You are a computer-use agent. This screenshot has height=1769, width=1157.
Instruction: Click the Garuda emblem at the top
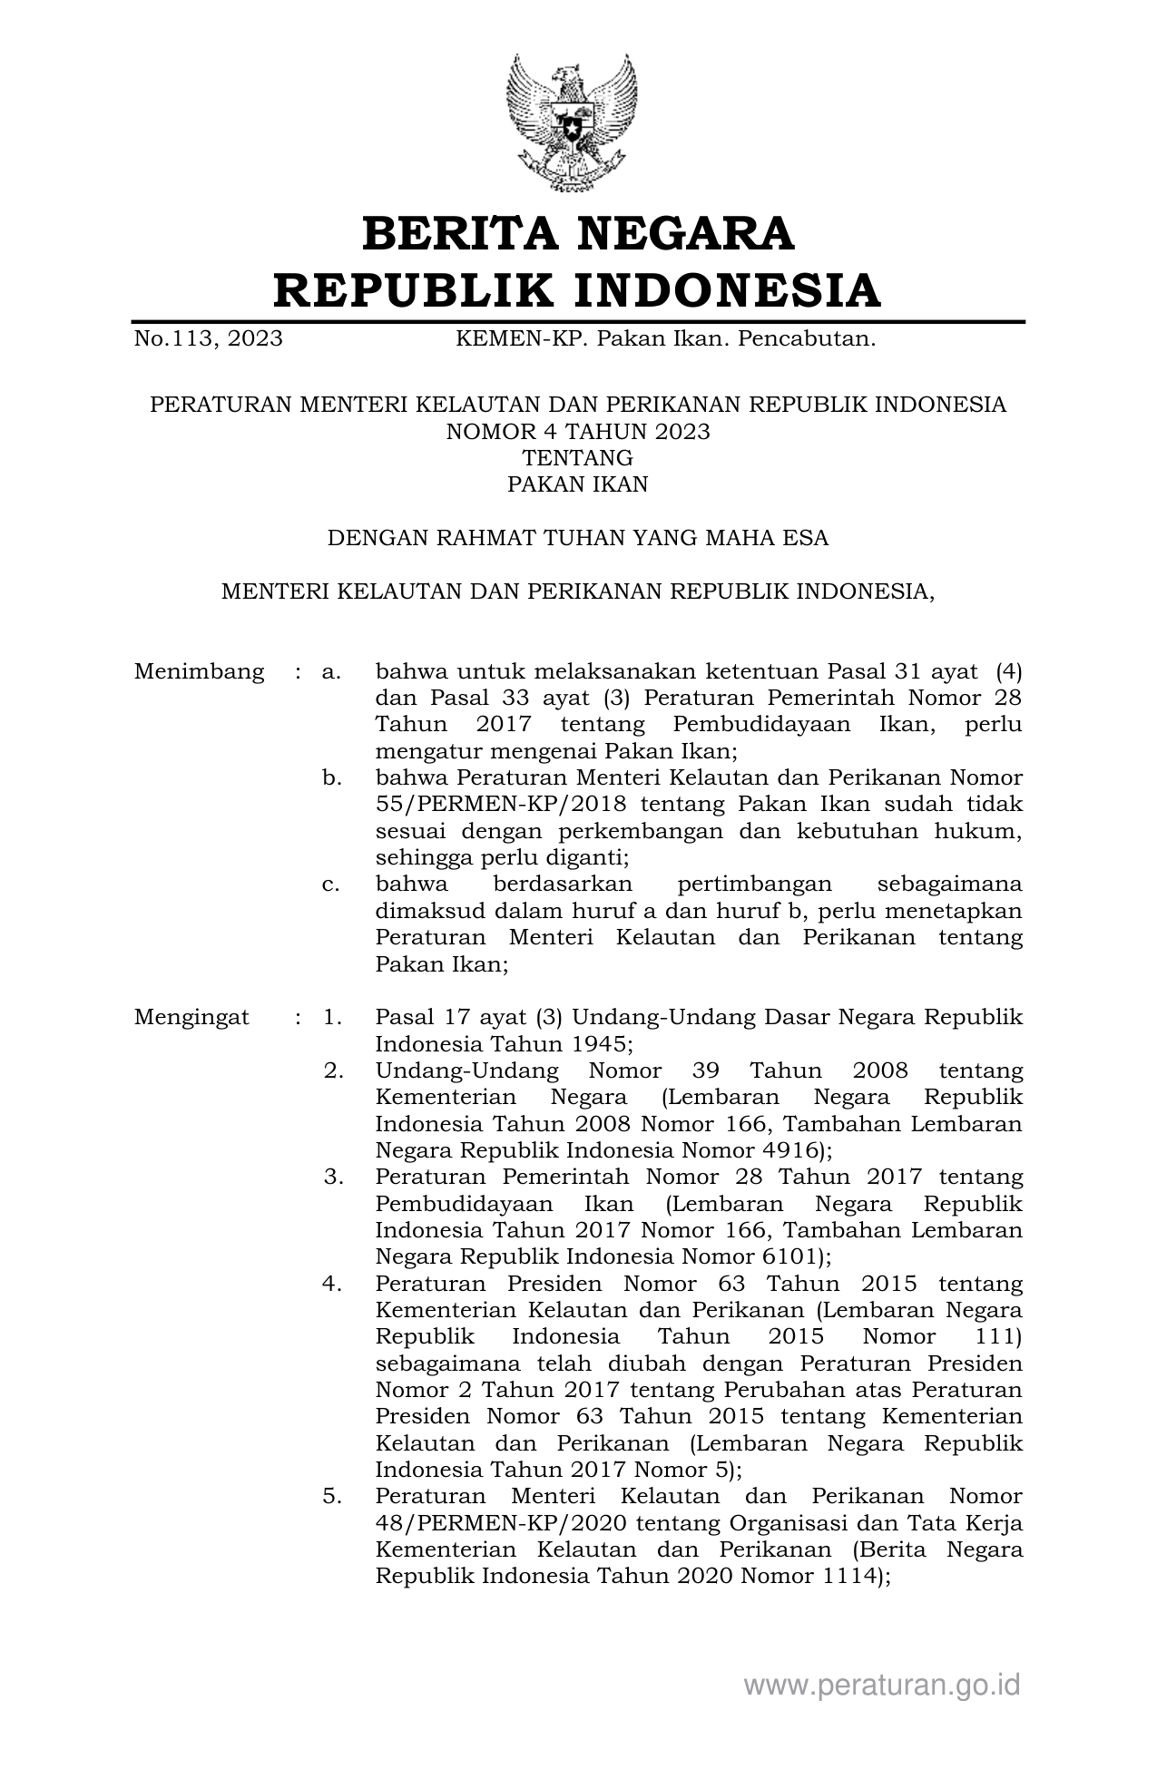[572, 122]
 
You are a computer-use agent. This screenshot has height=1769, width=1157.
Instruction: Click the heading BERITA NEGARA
[578, 234]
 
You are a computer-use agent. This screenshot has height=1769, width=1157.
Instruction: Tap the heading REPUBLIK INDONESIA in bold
[578, 290]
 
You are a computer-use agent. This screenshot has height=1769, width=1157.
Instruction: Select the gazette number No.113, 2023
[208, 339]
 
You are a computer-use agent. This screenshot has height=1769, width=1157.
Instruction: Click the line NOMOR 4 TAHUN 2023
[578, 431]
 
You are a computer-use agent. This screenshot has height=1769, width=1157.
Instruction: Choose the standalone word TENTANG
[578, 458]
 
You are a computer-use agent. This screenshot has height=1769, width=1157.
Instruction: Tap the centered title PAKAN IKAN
[578, 484]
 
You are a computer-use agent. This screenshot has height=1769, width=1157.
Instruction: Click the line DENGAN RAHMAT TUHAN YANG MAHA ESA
[578, 538]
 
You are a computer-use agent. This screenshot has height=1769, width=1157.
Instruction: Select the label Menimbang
[199, 672]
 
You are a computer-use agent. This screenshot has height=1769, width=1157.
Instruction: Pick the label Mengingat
[191, 1017]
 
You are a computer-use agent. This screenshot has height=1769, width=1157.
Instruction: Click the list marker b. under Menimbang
[331, 778]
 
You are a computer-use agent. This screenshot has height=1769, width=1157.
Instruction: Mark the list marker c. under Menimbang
[331, 884]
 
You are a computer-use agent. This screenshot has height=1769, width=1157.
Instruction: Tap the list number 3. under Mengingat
[333, 1177]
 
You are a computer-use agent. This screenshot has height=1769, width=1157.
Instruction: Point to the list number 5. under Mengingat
[333, 1496]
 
